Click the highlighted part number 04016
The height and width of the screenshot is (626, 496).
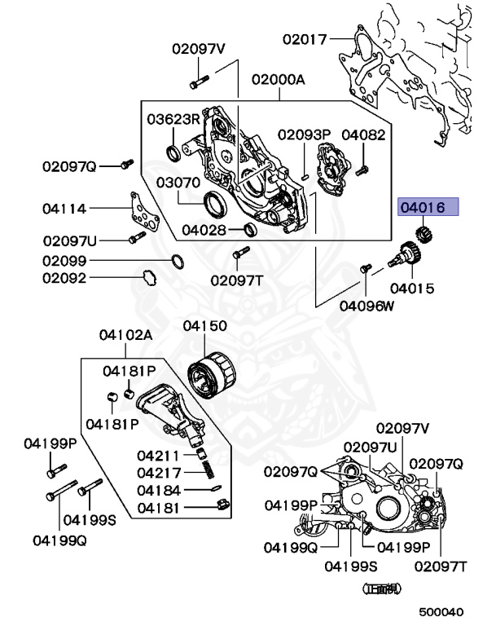(428, 208)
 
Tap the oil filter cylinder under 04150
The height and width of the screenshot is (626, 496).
(212, 380)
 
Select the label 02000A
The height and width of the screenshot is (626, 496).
(278, 80)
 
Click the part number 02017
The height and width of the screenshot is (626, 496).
(305, 38)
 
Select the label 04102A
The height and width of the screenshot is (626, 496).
(126, 335)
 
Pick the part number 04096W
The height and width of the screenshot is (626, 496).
(367, 306)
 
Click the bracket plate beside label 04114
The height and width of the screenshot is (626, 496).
(143, 213)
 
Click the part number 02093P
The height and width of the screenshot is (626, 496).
(303, 134)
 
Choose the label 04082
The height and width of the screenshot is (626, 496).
(363, 134)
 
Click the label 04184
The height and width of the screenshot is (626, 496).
(159, 490)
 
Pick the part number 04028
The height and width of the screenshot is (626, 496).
(204, 230)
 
